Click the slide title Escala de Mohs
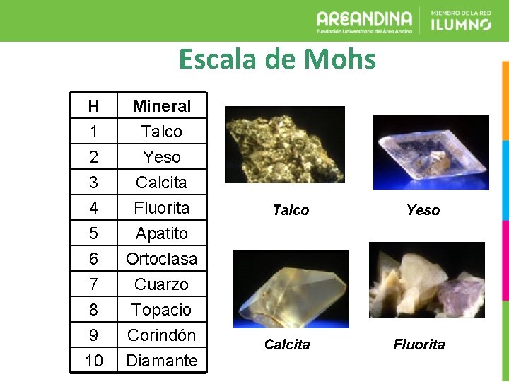click(x=277, y=59)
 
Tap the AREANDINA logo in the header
click(x=364, y=21)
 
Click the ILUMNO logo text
click(x=460, y=25)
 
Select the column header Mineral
click(x=162, y=106)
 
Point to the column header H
click(x=93, y=106)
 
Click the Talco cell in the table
click(x=162, y=132)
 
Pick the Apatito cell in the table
click(x=162, y=233)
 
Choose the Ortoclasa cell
click(x=162, y=259)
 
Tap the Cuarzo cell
click(x=162, y=284)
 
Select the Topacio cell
click(x=162, y=310)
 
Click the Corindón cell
click(x=162, y=335)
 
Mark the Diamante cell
click(x=162, y=361)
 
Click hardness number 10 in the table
click(x=93, y=361)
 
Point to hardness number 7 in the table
click(x=93, y=284)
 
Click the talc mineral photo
click(x=284, y=145)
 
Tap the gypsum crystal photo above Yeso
click(x=431, y=151)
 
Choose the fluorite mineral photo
click(x=426, y=279)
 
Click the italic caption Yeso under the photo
click(x=423, y=210)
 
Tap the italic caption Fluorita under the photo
click(x=419, y=345)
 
